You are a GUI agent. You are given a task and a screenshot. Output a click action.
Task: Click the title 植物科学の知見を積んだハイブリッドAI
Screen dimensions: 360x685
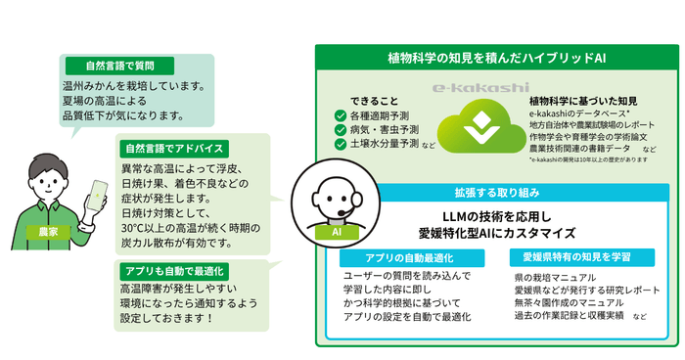click(497, 57)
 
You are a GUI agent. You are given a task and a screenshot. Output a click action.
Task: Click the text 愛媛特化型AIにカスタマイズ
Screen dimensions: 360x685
click(498, 233)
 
